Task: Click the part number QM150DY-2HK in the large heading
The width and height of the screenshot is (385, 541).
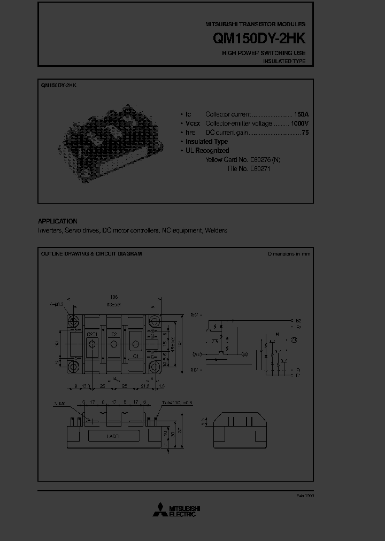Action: click(x=259, y=39)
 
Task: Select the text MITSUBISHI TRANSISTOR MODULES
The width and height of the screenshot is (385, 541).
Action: click(x=256, y=25)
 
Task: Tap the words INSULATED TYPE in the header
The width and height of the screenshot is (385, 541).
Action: click(x=284, y=61)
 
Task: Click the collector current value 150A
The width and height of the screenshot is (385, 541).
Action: click(x=301, y=114)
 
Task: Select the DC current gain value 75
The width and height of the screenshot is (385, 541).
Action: click(x=305, y=133)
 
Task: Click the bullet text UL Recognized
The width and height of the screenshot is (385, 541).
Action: click(x=207, y=151)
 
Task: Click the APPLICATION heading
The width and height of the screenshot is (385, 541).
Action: click(x=58, y=221)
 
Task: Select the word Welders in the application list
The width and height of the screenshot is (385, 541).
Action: click(x=216, y=230)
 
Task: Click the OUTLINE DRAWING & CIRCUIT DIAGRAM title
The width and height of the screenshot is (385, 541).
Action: click(x=91, y=254)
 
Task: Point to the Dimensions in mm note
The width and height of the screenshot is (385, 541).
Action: click(x=289, y=254)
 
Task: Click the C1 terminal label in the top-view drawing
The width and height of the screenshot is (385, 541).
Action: click(x=136, y=355)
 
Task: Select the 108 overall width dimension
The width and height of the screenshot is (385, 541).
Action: click(x=113, y=297)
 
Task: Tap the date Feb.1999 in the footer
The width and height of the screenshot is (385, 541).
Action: click(x=305, y=496)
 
